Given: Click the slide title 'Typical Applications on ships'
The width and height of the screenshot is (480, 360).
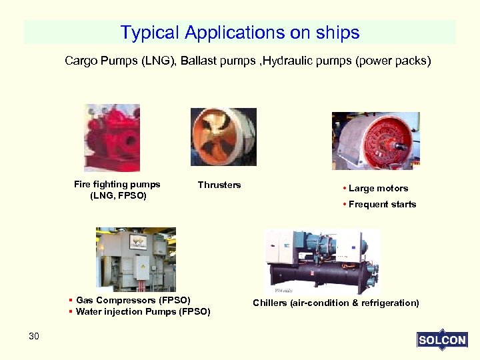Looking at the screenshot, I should [240, 33].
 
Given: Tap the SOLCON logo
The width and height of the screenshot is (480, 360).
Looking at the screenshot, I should [441, 340].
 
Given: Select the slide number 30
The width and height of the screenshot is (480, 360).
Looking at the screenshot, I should [34, 336].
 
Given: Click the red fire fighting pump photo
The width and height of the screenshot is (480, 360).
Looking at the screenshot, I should [111, 138].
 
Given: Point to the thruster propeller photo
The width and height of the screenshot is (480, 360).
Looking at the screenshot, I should [223, 137].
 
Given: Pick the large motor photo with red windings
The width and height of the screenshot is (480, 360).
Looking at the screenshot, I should [376, 141].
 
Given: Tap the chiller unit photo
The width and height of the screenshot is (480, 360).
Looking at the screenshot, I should [321, 262].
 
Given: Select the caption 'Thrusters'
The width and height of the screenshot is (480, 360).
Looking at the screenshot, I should [219, 185].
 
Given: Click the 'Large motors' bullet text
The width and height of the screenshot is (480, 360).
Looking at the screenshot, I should [378, 189].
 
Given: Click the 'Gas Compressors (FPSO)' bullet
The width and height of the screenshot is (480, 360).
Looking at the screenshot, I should [133, 300].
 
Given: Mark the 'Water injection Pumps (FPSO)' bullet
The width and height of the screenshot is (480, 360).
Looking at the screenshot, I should [143, 311].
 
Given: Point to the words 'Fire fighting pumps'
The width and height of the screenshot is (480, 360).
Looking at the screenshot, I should [117, 185].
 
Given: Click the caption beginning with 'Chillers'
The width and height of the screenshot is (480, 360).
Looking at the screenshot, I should [336, 303].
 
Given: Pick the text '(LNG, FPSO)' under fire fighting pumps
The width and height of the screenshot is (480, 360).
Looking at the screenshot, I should [118, 196].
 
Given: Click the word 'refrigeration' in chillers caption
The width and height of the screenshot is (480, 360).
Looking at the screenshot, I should [389, 303].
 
